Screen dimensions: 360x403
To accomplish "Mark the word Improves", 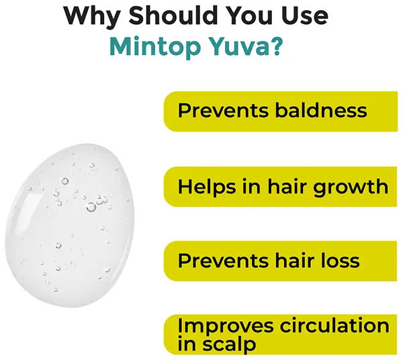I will pos(219,326).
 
